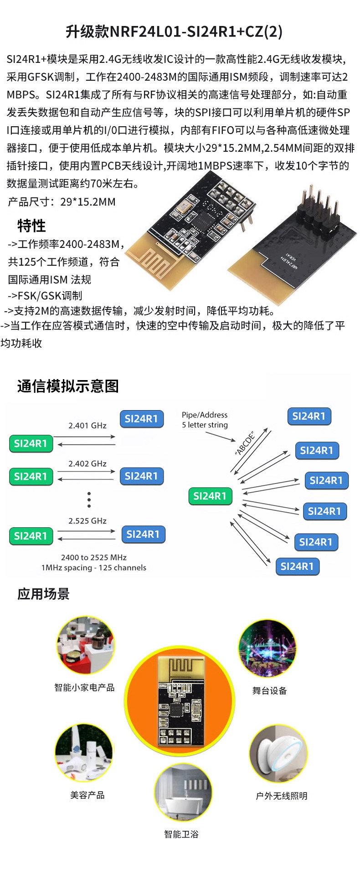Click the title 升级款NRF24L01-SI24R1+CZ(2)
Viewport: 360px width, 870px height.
pyautogui.click(x=174, y=31)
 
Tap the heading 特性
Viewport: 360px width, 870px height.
pyautogui.click(x=31, y=226)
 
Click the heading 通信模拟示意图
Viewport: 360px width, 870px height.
pyautogui.click(x=68, y=386)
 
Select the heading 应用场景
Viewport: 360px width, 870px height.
pyautogui.click(x=43, y=594)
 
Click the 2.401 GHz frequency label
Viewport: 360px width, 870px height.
pyautogui.click(x=87, y=426)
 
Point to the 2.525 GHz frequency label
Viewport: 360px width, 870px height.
pyautogui.click(x=87, y=521)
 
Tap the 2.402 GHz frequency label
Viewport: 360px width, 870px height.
pyautogui.click(x=87, y=463)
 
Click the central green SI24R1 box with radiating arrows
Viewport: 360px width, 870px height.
pyautogui.click(x=210, y=496)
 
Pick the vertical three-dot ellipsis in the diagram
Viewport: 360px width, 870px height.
pyautogui.click(x=89, y=499)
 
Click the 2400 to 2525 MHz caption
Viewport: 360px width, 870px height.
pyautogui.click(x=94, y=557)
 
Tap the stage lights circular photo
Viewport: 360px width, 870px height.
pyautogui.click(x=267, y=648)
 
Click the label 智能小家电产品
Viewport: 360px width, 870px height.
pyautogui.click(x=84, y=687)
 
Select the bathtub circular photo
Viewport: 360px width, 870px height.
pyautogui.click(x=183, y=792)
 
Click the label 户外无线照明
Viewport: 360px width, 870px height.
pyautogui.click(x=282, y=796)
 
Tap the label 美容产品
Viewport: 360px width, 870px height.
pyautogui.click(x=87, y=795)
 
